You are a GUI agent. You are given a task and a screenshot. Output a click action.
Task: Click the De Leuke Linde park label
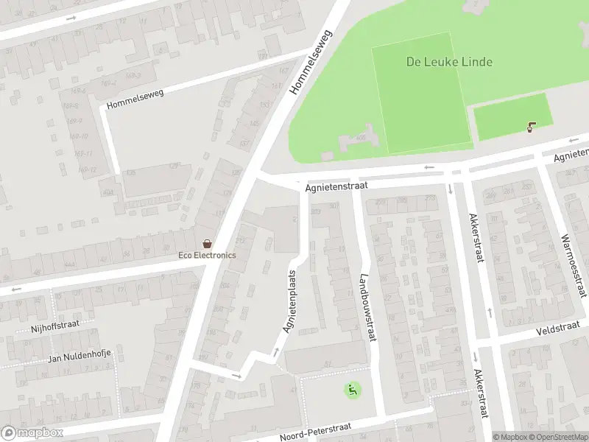click(449, 62)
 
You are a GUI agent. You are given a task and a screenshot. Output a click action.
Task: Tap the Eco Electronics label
click(207, 255)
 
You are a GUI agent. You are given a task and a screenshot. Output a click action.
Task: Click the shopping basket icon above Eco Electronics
click(208, 244)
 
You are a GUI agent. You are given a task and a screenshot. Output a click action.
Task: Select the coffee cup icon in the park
click(531, 127)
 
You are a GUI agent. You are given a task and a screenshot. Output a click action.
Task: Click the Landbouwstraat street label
click(364, 308)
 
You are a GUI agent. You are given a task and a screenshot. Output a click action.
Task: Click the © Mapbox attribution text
click(509, 437)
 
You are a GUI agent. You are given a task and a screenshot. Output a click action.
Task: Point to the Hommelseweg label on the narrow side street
click(135, 99)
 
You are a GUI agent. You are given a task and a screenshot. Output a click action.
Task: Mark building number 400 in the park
click(361, 137)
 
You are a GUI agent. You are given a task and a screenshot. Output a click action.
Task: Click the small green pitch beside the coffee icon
click(508, 116)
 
